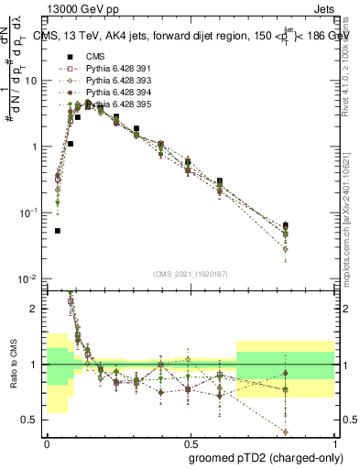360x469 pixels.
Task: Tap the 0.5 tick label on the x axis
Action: (x=190, y=441)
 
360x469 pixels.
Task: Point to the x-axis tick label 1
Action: (x=334, y=441)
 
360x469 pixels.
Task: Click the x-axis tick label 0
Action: (x=47, y=441)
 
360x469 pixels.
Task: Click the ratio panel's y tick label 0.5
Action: (x=33, y=420)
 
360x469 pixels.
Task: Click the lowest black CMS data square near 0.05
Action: (x=58, y=231)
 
